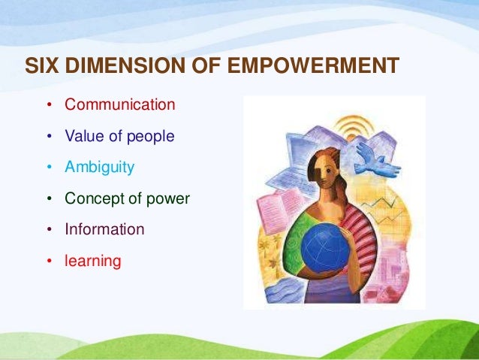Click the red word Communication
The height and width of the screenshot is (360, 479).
pos(120,104)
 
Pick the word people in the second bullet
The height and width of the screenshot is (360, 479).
pos(152,137)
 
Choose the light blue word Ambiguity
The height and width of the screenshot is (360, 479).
pos(100,168)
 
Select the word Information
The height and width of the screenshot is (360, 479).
pos(104,229)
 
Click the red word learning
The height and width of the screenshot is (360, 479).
pos(92,261)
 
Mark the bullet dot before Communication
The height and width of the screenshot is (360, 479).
pos(50,104)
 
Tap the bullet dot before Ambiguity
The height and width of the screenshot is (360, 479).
pos(50,168)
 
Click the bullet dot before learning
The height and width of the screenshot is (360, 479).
pos(50,261)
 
